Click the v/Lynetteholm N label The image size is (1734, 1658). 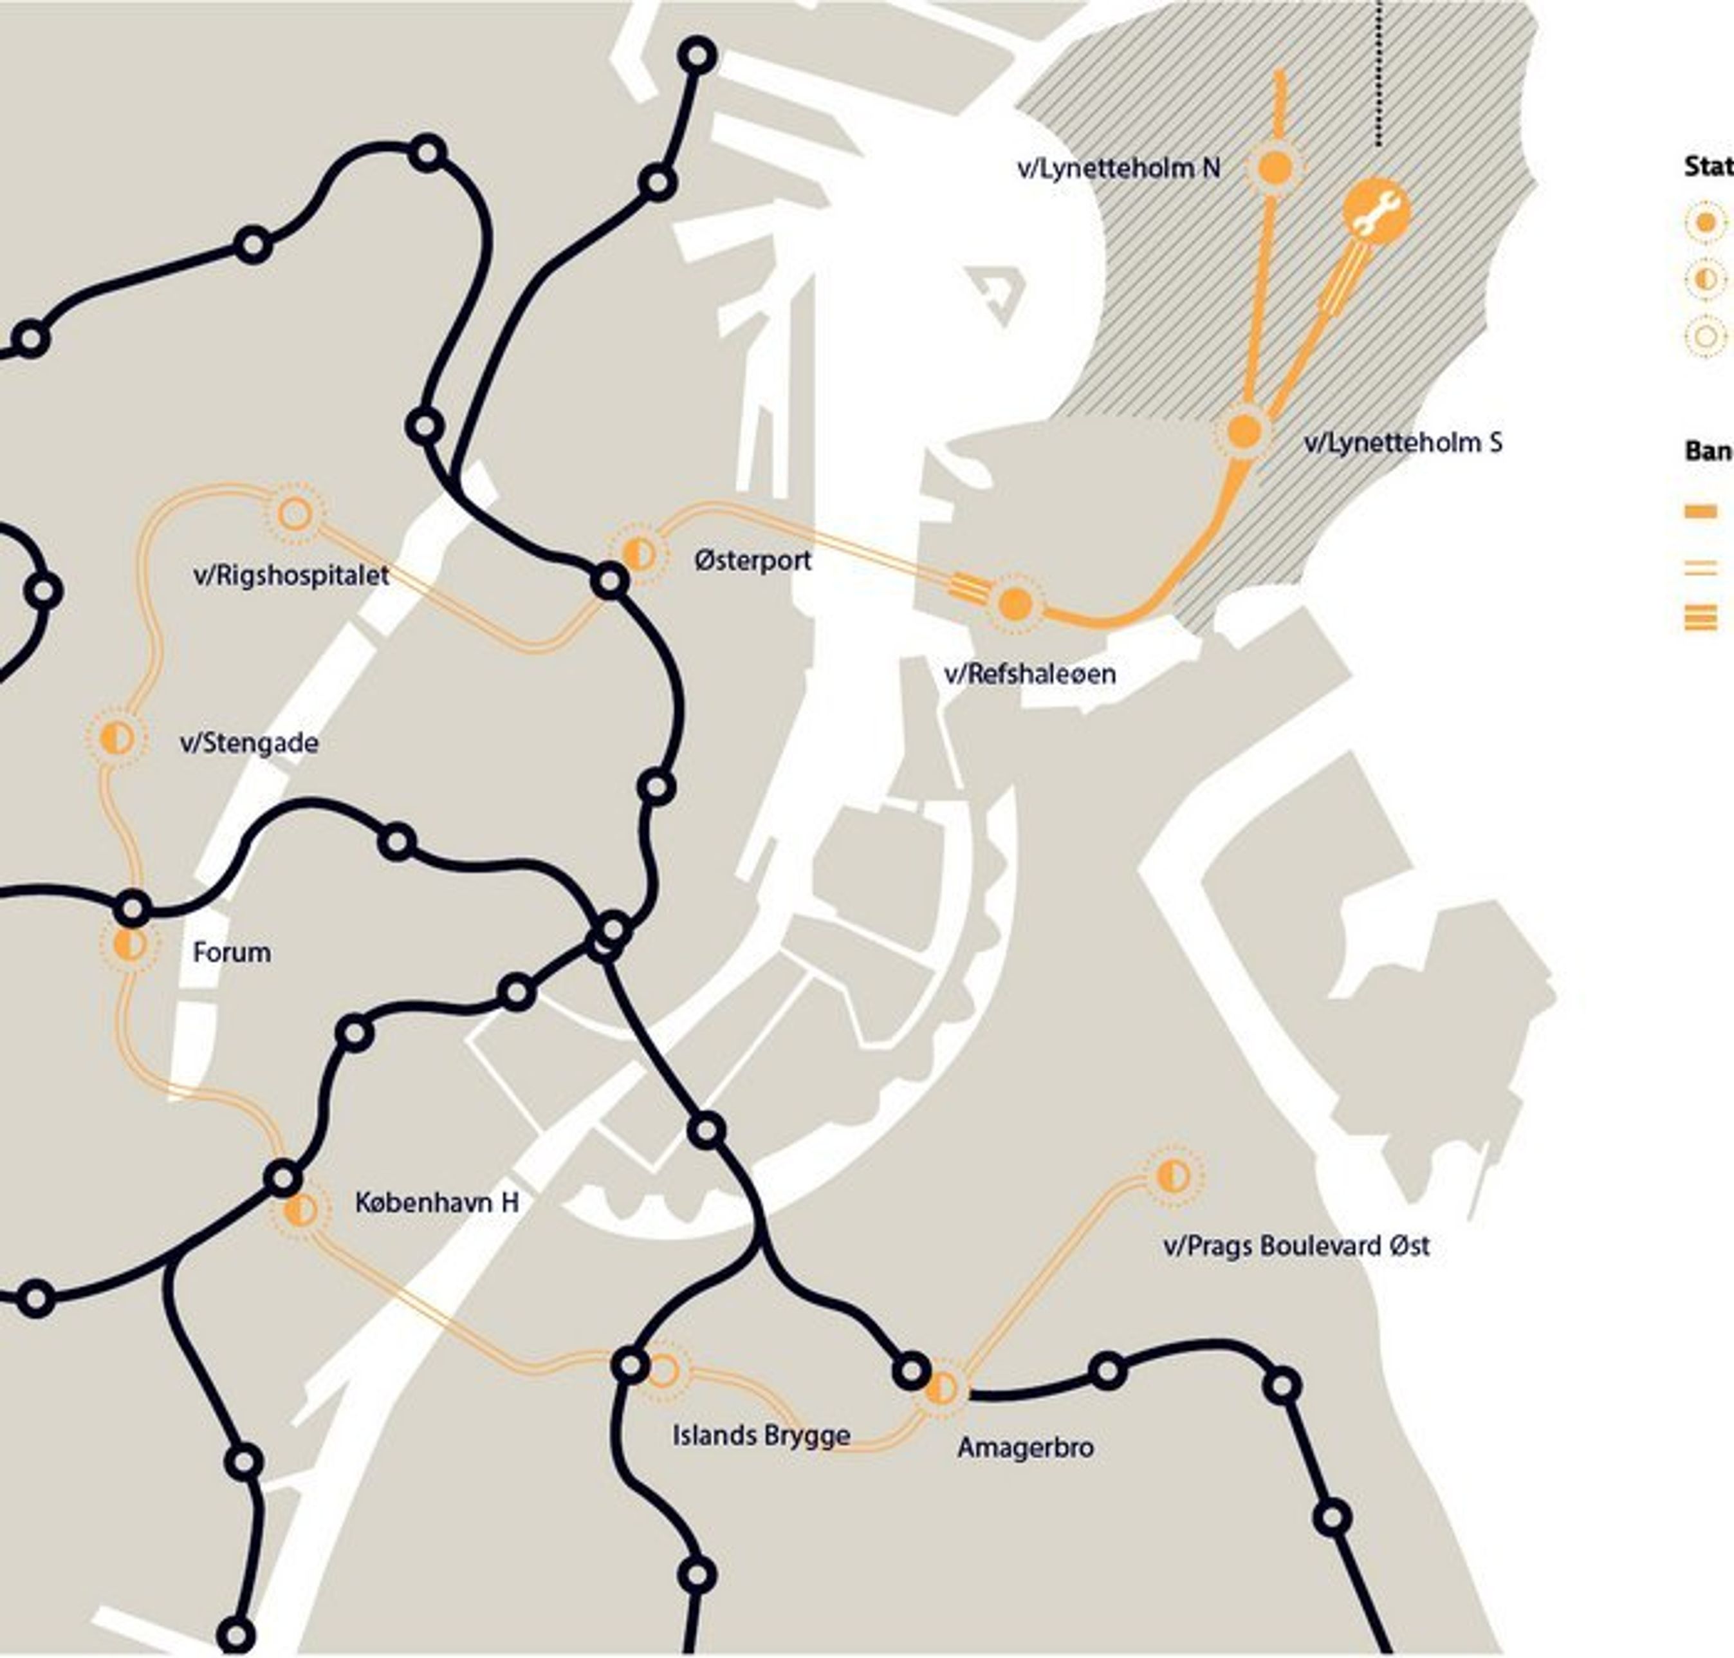pos(1118,168)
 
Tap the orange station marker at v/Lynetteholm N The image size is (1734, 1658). pos(1274,167)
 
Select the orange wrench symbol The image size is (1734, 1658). pos(1376,213)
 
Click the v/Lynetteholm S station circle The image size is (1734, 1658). pos(1244,432)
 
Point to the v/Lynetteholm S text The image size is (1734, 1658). pos(1403,443)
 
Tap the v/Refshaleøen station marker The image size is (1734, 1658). pos(1015,604)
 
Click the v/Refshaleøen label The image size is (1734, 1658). pos(1030,675)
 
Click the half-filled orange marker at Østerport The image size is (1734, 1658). pos(638,554)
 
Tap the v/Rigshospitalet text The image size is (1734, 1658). pos(291,575)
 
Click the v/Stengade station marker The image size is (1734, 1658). pos(116,737)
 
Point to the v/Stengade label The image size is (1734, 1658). pos(249,743)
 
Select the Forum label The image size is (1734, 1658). pos(232,953)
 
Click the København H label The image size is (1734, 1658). pos(436,1203)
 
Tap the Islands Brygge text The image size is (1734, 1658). pos(761,1435)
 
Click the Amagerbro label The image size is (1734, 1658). pos(1026,1448)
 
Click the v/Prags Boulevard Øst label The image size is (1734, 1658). pos(1296,1246)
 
